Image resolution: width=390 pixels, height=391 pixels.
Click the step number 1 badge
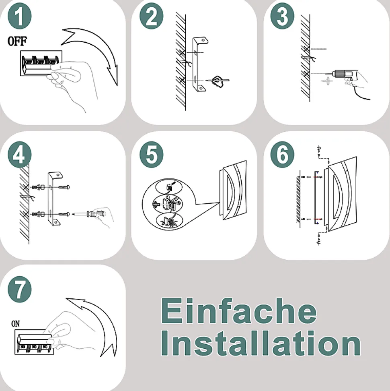20,16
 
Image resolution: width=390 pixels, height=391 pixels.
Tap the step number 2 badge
152,16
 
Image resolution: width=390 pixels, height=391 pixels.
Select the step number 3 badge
282,16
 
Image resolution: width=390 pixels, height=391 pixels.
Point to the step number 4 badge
20,155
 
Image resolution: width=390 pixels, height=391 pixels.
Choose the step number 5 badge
152,155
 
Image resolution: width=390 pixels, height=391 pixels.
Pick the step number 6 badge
282,155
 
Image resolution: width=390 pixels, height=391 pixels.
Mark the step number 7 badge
20,289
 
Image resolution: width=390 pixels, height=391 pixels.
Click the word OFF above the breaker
17,41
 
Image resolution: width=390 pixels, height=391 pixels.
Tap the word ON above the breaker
15,324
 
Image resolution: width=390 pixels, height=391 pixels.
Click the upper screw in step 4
64,187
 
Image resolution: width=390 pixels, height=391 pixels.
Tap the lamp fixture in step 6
340,194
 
